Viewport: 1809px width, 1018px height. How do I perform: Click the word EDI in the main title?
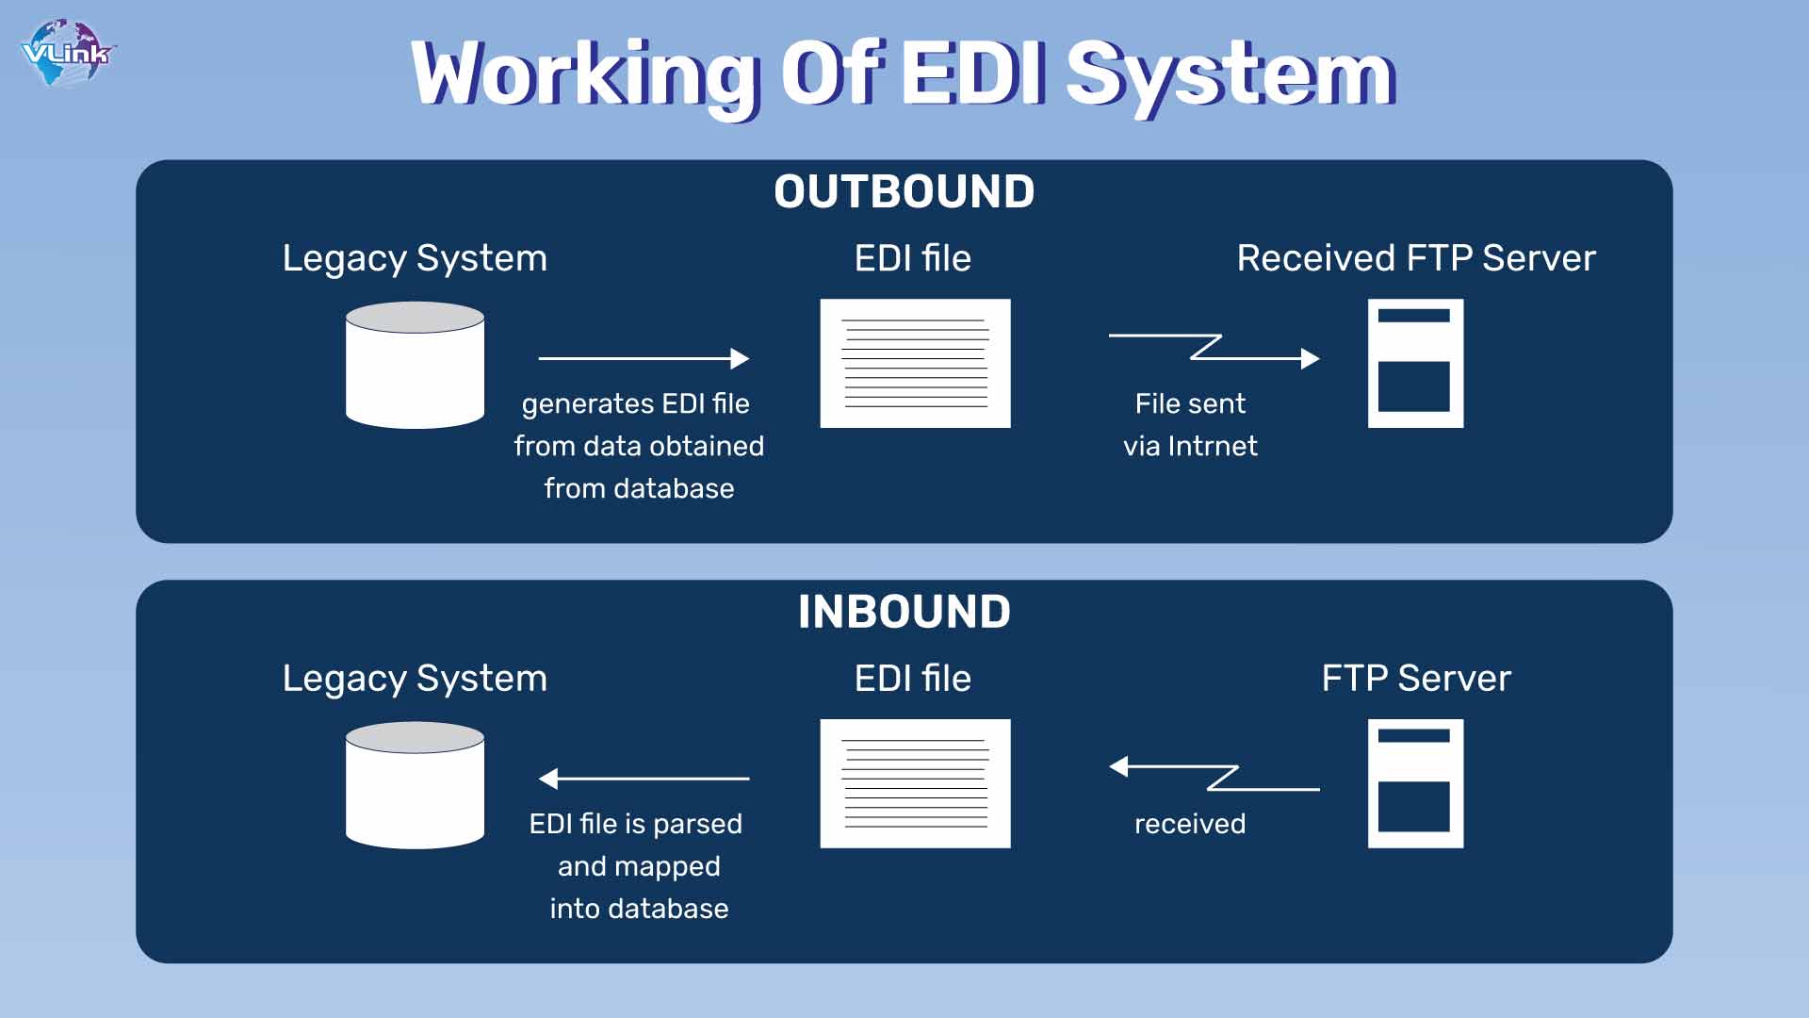tap(974, 73)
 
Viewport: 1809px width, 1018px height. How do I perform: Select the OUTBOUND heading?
tap(904, 192)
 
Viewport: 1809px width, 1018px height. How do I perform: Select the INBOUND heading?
tap(904, 612)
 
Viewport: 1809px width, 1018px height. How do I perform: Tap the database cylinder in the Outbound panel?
tap(415, 365)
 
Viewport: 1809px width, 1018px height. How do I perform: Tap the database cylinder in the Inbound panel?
tap(415, 785)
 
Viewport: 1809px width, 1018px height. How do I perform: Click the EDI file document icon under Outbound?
tap(915, 363)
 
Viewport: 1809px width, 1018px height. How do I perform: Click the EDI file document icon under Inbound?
tap(915, 783)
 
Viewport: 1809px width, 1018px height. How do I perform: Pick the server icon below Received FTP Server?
tap(1415, 363)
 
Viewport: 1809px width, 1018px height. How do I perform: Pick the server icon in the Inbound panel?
tap(1415, 783)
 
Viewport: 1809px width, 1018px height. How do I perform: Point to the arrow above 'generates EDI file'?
tap(644, 358)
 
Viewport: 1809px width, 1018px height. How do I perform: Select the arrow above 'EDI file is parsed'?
tap(644, 779)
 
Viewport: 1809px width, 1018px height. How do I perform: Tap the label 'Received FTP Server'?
tap(1416, 258)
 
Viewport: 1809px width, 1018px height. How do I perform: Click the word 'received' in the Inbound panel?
tap(1190, 824)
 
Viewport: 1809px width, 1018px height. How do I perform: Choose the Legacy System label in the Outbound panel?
tap(415, 259)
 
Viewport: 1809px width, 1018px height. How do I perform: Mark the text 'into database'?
tap(639, 909)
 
